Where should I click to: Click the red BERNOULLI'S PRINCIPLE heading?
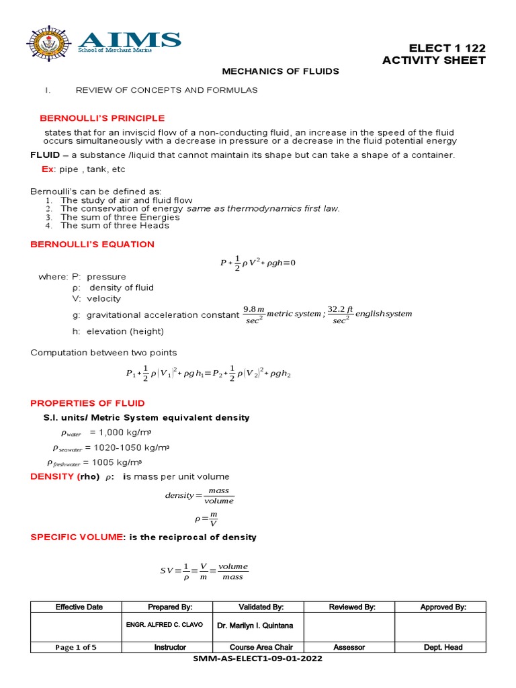click(x=102, y=118)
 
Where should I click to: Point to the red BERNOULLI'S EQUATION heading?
click(x=93, y=245)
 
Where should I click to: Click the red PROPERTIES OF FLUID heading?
click(x=88, y=403)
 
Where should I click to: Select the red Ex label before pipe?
click(x=48, y=170)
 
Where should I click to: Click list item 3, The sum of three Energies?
click(x=120, y=217)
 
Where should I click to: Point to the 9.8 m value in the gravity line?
click(x=254, y=309)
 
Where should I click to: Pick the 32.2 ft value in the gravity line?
click(x=340, y=309)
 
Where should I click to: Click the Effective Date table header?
click(x=79, y=607)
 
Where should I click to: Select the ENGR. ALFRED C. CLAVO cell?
click(x=163, y=626)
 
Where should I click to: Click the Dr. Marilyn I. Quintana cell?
click(x=255, y=626)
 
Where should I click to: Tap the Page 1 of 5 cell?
click(x=79, y=647)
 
